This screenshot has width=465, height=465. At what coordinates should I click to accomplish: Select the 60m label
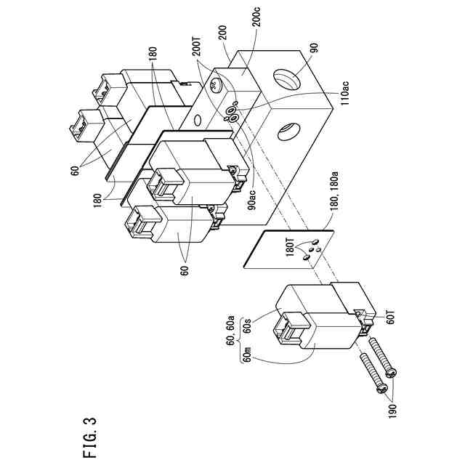coord(248,356)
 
